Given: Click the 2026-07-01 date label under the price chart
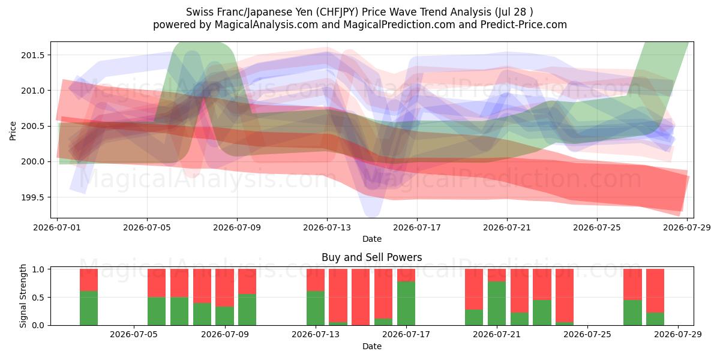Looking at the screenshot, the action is coord(57,227).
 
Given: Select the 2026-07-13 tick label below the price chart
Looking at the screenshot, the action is coord(327,227).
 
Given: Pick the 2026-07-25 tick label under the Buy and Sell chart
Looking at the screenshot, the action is coord(587,335).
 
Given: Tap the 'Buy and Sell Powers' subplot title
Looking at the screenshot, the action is coord(372,257).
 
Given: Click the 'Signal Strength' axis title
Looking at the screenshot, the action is coord(23,296).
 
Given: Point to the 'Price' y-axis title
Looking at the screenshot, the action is coord(13,131).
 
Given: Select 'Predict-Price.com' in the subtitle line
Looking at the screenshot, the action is coord(524,25).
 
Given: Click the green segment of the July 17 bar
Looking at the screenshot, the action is coord(406,304).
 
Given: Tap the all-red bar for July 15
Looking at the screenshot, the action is coord(361,297).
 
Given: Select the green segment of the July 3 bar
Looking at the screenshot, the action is coord(89,308).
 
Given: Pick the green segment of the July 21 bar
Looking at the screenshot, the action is coord(497,304).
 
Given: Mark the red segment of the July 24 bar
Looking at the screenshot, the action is coord(565,296).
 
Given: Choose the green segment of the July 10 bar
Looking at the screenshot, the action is coord(247,310).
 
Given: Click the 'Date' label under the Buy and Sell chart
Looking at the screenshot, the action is coord(372,347).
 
